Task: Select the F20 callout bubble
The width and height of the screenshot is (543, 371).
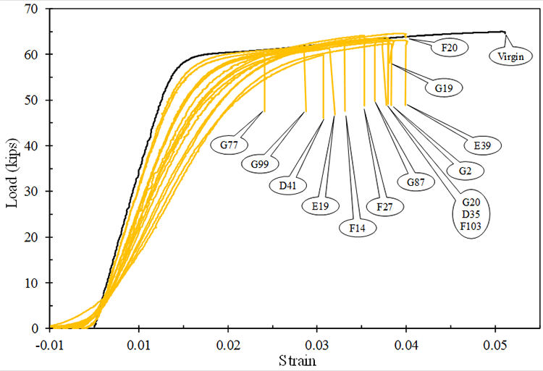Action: (x=450, y=48)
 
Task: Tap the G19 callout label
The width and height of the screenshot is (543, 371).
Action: (x=444, y=89)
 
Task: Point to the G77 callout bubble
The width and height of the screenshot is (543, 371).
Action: (x=230, y=145)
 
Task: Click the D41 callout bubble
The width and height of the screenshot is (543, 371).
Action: (x=287, y=185)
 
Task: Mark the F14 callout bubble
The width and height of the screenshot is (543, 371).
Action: (x=357, y=227)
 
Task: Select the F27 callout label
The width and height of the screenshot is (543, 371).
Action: (x=385, y=206)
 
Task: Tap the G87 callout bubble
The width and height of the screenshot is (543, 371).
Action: (x=415, y=182)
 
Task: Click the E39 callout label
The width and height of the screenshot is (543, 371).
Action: (x=482, y=146)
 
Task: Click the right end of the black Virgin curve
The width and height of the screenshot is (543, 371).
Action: (x=504, y=32)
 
